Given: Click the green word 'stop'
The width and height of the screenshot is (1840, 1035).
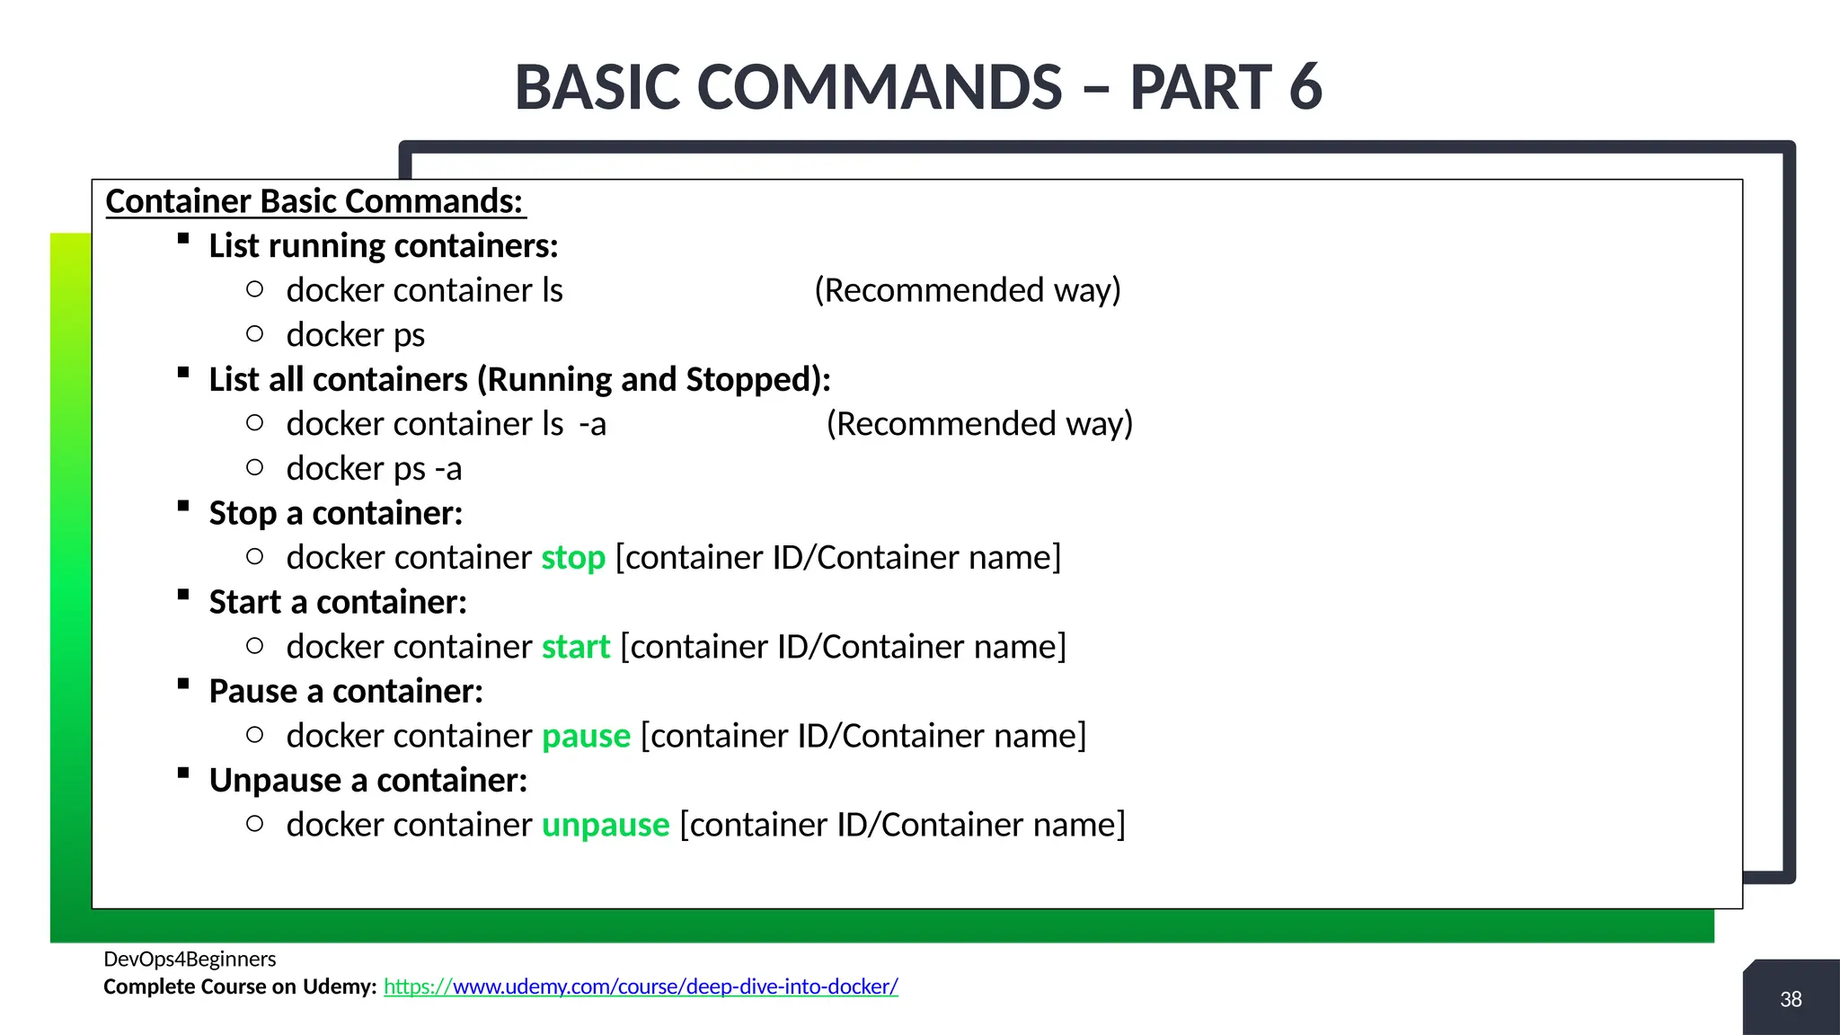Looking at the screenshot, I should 573,558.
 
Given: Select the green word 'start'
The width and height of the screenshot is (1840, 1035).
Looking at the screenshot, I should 576,647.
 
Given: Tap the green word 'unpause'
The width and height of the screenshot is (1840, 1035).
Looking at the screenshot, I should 606,825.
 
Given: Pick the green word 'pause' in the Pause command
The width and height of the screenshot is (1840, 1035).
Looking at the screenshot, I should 586,736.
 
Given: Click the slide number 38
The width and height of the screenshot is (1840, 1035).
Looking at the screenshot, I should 1791,999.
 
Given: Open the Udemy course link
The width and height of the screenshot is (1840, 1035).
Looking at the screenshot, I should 641,986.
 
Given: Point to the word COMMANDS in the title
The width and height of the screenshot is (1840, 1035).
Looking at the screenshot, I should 880,87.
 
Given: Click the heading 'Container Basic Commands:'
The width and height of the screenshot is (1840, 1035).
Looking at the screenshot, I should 314,201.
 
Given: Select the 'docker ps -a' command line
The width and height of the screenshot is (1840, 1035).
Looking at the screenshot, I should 374,469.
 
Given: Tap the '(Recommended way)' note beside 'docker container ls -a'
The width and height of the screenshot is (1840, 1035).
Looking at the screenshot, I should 979,424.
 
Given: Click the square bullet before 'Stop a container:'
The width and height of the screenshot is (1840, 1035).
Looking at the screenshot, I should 183,506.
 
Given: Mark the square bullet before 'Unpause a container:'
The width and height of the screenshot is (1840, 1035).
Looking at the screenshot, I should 183,773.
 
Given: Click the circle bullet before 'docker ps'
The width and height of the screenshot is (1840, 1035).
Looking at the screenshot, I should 255,334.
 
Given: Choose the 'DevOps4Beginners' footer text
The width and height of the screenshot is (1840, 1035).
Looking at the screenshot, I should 190,959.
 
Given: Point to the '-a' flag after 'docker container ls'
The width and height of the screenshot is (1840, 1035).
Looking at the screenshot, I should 592,424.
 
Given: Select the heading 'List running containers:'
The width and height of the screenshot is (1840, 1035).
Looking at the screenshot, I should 384,246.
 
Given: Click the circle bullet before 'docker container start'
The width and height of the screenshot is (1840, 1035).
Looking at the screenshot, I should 255,646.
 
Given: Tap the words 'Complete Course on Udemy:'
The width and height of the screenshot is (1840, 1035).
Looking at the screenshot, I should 240,986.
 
